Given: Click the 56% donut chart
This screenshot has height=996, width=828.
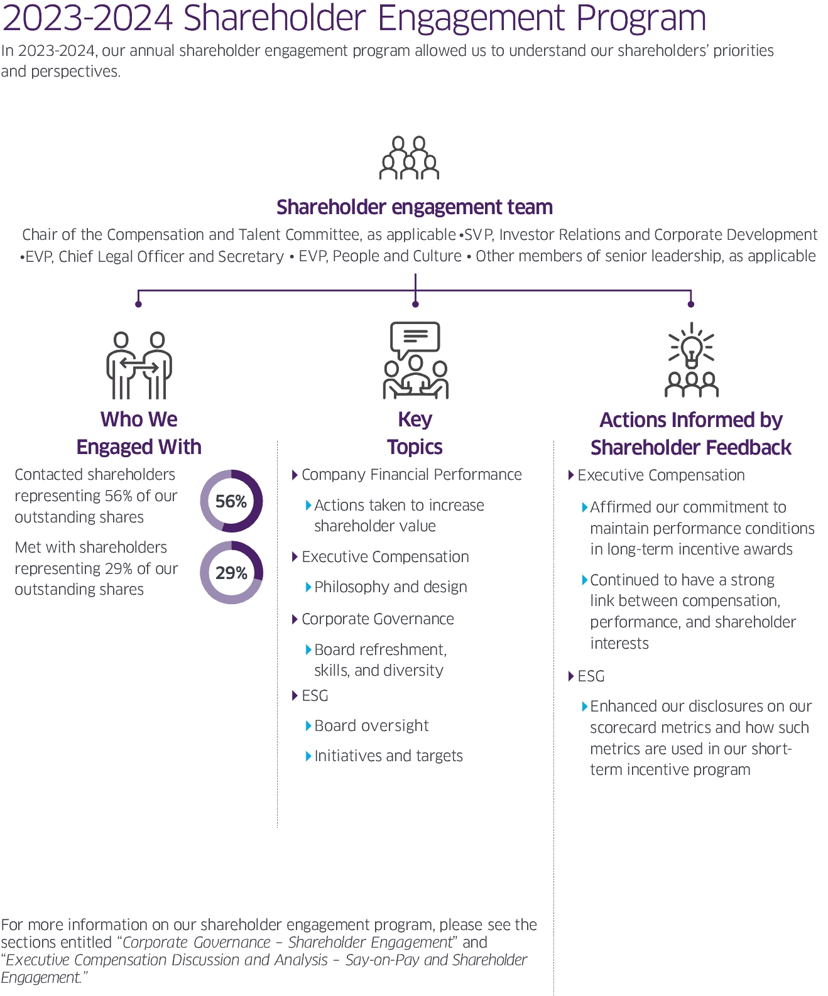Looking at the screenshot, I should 231,501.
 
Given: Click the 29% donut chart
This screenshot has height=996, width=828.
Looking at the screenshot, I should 231,573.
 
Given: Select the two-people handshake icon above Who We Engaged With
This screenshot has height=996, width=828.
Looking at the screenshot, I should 139,365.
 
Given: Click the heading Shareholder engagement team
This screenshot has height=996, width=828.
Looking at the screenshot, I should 415,207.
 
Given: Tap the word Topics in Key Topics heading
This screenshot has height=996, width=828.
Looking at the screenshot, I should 415,447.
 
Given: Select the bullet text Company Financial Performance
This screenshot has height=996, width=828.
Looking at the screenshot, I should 411,475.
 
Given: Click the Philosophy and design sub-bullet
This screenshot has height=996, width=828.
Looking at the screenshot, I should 391,587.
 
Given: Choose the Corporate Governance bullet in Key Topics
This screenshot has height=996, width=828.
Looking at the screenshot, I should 378,619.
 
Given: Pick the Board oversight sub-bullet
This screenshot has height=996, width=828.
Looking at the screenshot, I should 371,726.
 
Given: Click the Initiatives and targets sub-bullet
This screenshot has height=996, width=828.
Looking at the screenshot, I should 388,756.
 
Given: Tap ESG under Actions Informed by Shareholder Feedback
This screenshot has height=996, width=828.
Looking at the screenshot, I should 591,676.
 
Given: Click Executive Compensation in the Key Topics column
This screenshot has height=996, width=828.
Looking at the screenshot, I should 385,557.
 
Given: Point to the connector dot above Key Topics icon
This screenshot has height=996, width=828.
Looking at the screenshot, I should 415,304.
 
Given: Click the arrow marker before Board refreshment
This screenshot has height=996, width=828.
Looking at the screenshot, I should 308,649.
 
